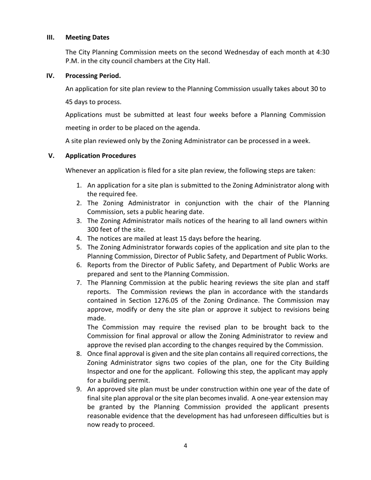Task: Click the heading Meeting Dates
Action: tap(87, 37)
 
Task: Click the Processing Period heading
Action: tap(93, 76)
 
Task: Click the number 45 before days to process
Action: tap(69, 102)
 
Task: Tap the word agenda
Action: tap(188, 128)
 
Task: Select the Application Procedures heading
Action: tap(101, 156)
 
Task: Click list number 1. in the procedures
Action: tap(79, 185)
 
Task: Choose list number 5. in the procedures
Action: tap(79, 247)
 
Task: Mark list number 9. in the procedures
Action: tap(79, 389)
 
